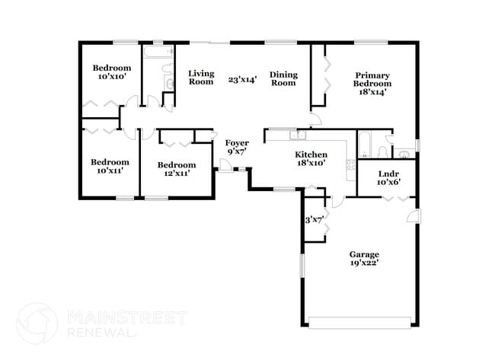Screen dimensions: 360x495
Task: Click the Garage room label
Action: pyautogui.click(x=364, y=254)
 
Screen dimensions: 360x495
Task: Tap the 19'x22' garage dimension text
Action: pyautogui.click(x=364, y=263)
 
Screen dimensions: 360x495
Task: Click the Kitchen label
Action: pyautogui.click(x=311, y=154)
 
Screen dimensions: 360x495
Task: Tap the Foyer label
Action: pyautogui.click(x=237, y=142)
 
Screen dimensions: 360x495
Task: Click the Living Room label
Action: pyautogui.click(x=201, y=78)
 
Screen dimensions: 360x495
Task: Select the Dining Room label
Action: pyautogui.click(x=283, y=78)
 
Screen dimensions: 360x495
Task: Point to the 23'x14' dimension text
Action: pyautogui.click(x=242, y=78)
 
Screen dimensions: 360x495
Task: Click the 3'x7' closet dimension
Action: pyautogui.click(x=315, y=221)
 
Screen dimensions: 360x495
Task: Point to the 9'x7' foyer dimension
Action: pyautogui.click(x=237, y=151)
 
